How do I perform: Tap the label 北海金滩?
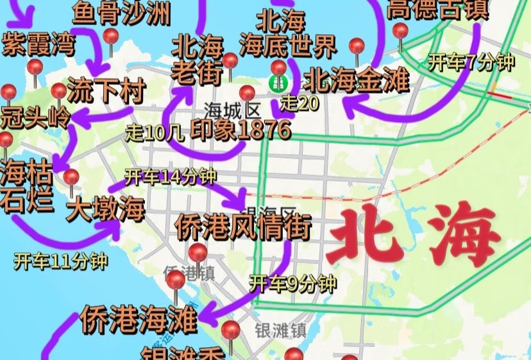[x=357, y=81]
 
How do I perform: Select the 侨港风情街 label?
[x=243, y=226]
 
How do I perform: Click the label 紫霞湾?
[x=38, y=44]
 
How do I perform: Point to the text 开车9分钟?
[x=292, y=282]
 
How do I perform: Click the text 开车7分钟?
[x=471, y=63]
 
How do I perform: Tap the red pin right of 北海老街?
[x=230, y=62]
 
